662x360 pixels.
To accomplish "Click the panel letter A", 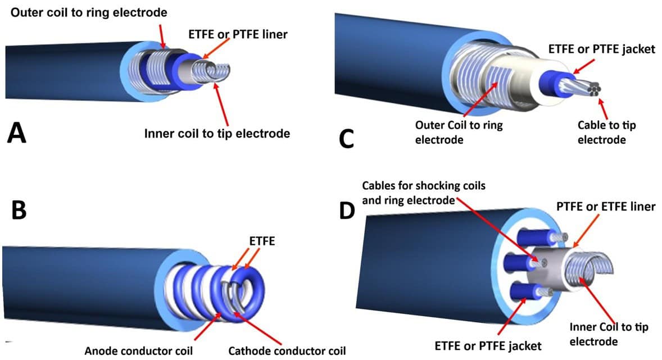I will click(x=17, y=134).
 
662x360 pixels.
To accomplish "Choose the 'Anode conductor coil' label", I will click(x=139, y=351).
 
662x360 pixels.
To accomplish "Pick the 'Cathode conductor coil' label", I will click(x=287, y=351).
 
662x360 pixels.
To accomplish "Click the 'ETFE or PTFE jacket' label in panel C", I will click(x=601, y=49).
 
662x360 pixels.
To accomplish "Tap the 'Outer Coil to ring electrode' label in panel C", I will click(x=459, y=132).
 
